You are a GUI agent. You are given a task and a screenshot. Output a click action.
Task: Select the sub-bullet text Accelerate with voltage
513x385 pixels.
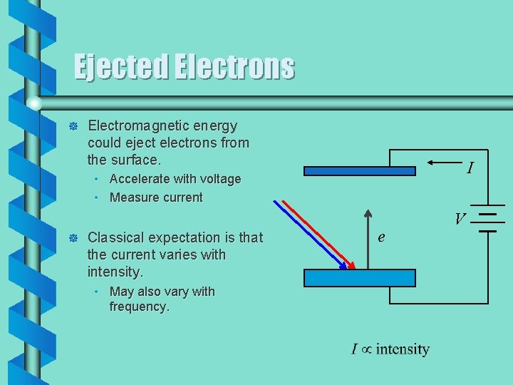pos(175,179)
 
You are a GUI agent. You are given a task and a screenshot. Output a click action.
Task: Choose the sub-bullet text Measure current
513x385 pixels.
pos(156,197)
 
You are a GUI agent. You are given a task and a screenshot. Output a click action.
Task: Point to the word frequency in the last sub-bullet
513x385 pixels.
pos(138,307)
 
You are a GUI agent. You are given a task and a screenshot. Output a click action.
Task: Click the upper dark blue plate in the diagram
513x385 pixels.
pos(359,171)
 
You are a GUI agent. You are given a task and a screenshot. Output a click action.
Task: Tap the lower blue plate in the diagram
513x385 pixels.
pos(359,278)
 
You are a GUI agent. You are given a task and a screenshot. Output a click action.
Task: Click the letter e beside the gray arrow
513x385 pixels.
pos(382,237)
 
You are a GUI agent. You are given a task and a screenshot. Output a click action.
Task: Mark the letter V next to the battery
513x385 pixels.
pos(461,219)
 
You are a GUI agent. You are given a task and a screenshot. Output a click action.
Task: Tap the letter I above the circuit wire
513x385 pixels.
pos(470,169)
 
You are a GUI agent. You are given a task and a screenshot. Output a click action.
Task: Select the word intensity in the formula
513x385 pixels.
pos(403,349)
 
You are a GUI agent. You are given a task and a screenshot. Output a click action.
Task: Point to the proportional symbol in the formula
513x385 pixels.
pos(366,349)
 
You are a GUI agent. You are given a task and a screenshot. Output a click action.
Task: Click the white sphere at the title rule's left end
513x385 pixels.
pos(33,104)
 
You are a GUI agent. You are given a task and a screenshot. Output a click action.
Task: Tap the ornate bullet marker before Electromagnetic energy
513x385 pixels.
pos(71,127)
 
